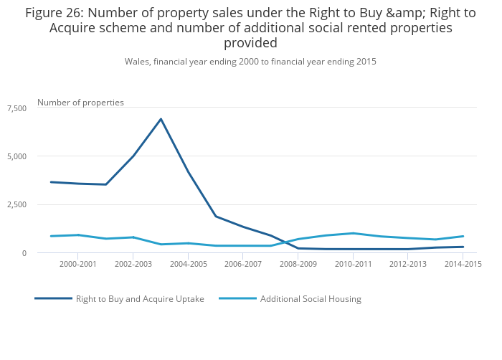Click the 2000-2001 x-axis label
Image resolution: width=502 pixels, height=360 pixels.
(77, 265)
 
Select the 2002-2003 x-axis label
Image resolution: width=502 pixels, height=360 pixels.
(133, 265)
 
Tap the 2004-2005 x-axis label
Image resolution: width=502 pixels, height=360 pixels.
(188, 265)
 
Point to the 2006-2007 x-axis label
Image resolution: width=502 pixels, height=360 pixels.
(243, 265)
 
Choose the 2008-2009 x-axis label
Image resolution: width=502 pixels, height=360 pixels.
(298, 265)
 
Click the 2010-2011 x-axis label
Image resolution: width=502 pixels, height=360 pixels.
(353, 265)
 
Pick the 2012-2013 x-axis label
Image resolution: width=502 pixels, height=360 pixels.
(408, 265)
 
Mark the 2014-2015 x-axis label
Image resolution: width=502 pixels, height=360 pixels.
(463, 265)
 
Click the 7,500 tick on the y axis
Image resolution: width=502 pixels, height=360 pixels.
(16, 108)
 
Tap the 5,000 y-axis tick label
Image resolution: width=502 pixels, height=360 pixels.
(16, 156)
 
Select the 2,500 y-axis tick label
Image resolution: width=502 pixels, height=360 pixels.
(16, 205)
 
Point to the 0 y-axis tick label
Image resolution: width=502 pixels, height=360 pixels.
(24, 253)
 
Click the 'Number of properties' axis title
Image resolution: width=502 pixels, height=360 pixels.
(80, 103)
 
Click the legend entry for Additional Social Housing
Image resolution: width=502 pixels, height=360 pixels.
(311, 299)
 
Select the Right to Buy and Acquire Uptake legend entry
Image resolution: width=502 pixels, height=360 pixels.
(140, 299)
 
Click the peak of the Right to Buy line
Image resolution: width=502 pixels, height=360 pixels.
(161, 119)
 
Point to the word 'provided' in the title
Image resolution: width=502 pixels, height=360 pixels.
(250, 43)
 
